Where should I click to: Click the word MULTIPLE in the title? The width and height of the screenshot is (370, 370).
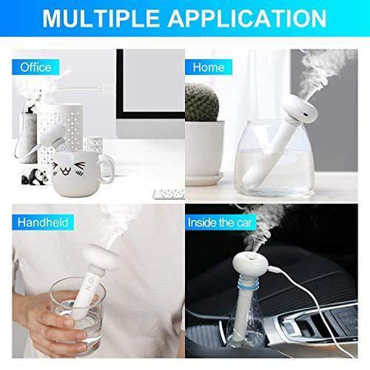(x=101, y=18)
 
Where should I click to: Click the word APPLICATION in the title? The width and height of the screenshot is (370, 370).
(x=247, y=18)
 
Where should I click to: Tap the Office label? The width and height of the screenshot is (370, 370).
(x=35, y=67)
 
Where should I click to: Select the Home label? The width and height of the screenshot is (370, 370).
(x=209, y=67)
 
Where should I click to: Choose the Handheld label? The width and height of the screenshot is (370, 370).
(x=43, y=222)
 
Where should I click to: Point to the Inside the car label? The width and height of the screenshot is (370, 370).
(x=220, y=223)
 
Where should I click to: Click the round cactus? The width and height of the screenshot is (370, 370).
(x=202, y=103)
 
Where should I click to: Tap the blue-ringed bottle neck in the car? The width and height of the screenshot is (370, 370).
(x=248, y=284)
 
